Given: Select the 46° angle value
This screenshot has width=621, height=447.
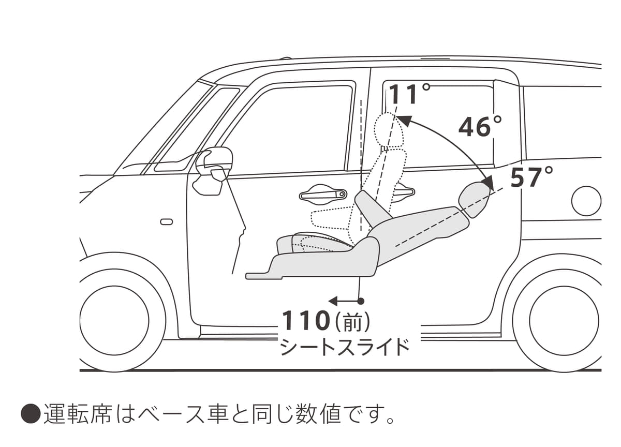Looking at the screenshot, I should [x=480, y=127].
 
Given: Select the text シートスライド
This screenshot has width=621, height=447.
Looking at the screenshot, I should [x=345, y=347].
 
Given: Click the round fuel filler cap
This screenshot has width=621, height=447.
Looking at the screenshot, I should [x=586, y=201].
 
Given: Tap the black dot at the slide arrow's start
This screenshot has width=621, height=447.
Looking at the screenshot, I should [x=361, y=301].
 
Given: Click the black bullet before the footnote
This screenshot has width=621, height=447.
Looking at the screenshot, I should [x=30, y=414].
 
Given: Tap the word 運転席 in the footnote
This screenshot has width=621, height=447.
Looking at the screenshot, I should [x=78, y=414].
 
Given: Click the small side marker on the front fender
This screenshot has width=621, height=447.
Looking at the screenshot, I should [x=167, y=222].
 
